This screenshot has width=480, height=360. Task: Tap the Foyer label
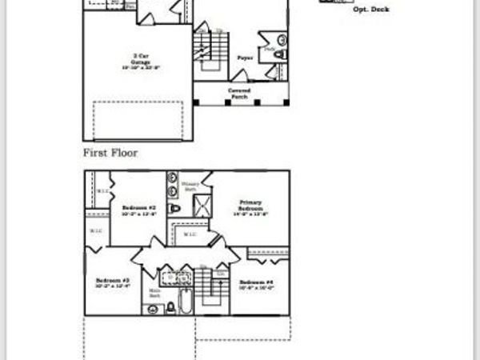tap(245, 58)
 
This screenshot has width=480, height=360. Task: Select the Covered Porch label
tap(239, 94)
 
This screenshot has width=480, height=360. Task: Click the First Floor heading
tap(110, 152)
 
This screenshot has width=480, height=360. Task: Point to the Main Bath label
tap(154, 293)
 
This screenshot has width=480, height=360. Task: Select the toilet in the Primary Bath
tap(174, 209)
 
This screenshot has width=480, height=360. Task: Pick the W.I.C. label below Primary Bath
tap(190, 234)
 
